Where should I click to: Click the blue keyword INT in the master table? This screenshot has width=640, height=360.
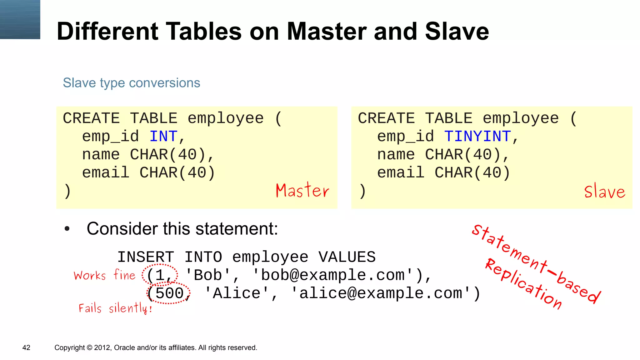163,137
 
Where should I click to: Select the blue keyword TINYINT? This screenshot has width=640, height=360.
477,137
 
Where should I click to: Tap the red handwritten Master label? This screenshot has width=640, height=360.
302,190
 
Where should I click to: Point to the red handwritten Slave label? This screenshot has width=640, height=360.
605,191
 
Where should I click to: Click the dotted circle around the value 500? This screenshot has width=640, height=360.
169,293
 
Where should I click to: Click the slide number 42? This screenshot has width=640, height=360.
26,347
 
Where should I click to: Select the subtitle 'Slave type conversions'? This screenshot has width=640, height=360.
131,83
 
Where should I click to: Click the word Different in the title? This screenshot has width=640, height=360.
107,32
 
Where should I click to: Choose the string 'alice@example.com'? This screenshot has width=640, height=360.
381,293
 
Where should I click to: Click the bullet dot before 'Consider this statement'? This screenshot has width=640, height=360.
67,229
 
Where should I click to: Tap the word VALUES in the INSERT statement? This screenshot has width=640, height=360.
347,257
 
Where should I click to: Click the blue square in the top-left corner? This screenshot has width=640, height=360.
20,19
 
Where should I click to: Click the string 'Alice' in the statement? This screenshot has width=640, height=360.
237,293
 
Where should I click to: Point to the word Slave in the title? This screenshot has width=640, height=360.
457,32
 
